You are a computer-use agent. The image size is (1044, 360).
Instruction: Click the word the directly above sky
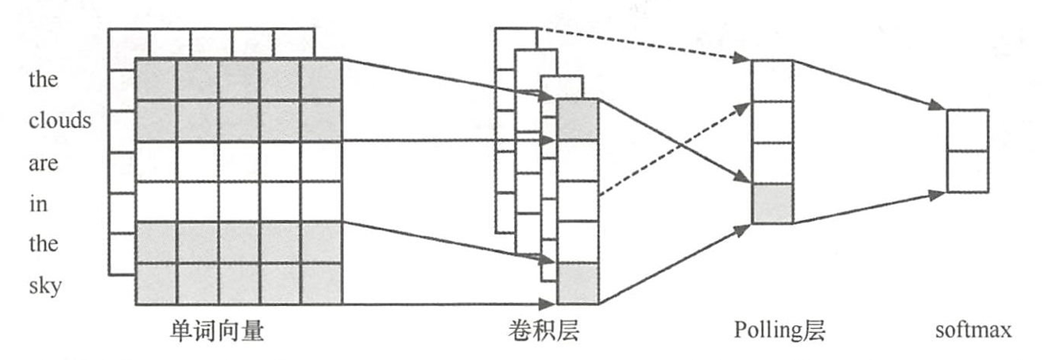[43, 244]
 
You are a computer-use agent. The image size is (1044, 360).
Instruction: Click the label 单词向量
[217, 330]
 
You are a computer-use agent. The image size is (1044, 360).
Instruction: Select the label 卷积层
[543, 330]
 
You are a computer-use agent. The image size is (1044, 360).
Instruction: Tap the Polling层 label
[779, 330]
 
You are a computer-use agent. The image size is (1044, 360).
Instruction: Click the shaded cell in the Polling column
[772, 203]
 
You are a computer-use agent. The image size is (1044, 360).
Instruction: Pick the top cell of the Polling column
[772, 80]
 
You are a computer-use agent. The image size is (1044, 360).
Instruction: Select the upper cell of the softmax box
[967, 130]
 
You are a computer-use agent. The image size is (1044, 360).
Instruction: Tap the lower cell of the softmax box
[967, 172]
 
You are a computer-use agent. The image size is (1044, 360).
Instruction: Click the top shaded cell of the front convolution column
[578, 119]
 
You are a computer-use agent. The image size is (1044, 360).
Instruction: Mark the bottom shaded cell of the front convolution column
[578, 284]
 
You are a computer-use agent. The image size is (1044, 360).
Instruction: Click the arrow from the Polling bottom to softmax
[870, 208]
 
